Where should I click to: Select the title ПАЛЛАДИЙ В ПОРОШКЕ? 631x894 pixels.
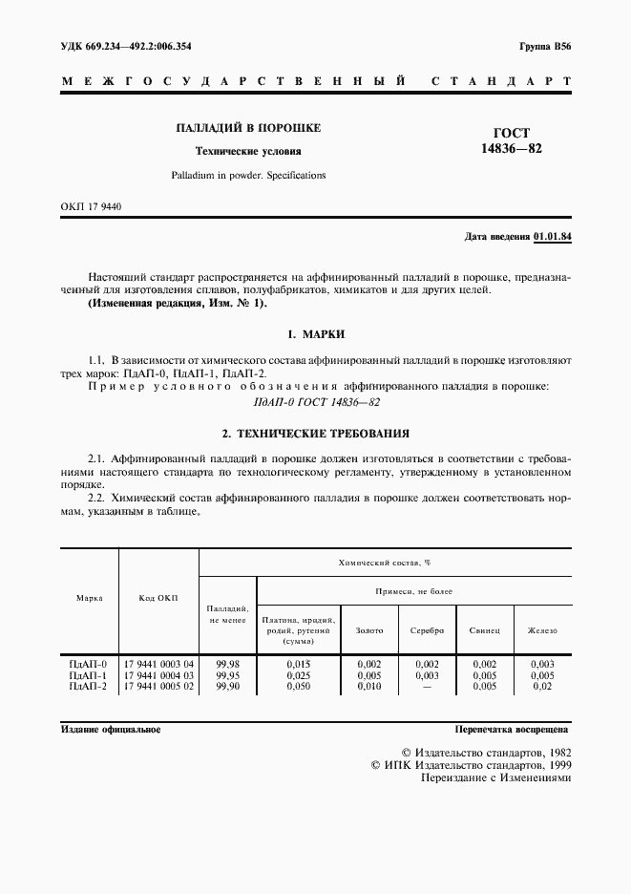247,128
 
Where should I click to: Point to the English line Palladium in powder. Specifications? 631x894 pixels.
248,176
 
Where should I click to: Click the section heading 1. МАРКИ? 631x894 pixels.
315,335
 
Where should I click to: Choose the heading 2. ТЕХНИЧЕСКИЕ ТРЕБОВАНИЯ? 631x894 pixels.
315,433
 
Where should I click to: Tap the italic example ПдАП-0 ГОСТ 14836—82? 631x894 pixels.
315,401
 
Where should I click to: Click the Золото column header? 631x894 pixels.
369,630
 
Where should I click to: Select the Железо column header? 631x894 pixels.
542,630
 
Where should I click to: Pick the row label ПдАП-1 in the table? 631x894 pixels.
89,675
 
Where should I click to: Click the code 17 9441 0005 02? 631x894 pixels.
158,686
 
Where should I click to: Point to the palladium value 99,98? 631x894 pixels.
228,664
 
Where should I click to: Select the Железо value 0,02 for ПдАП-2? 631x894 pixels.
542,686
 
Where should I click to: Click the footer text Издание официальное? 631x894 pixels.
111,729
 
